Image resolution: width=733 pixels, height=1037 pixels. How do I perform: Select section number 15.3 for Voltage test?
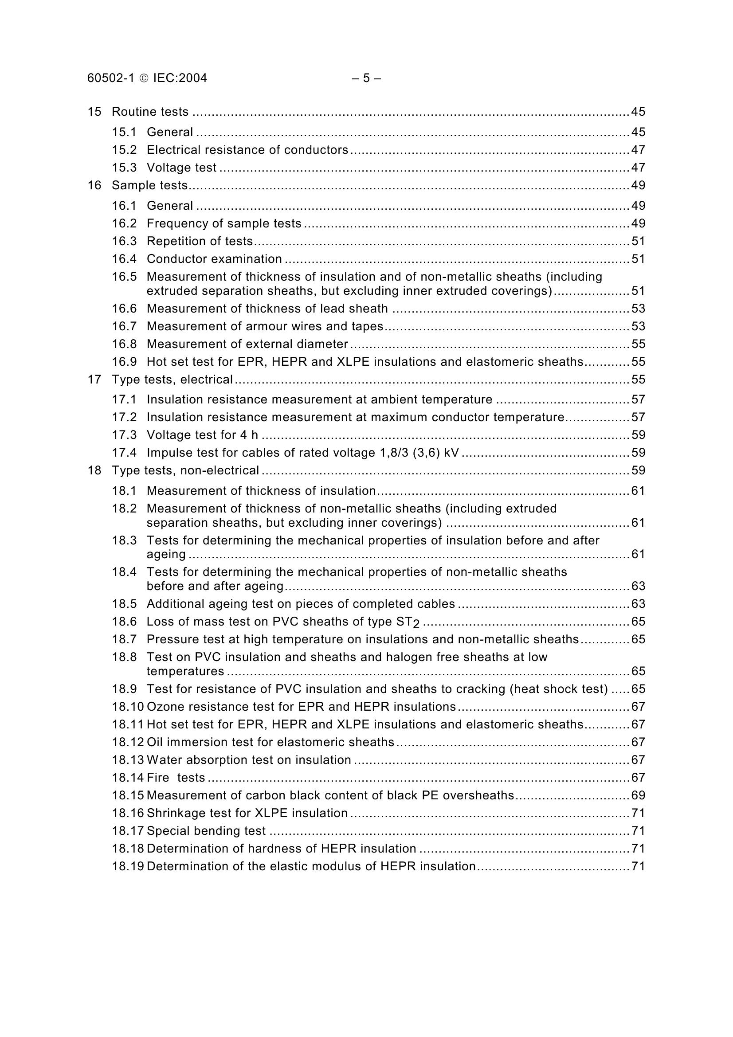(x=124, y=168)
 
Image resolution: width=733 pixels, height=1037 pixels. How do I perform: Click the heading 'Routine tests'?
(x=150, y=112)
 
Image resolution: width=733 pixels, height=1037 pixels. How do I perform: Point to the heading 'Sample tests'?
(x=149, y=185)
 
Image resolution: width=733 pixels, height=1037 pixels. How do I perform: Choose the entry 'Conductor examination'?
(x=214, y=259)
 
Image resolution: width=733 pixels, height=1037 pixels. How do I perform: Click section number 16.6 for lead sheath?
(x=124, y=309)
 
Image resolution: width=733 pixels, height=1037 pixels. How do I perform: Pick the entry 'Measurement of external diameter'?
(x=247, y=344)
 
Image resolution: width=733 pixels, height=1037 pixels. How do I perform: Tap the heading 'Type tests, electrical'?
(x=172, y=380)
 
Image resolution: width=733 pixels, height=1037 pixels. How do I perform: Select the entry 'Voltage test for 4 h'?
(x=202, y=435)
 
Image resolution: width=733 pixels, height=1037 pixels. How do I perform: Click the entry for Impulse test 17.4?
(x=302, y=453)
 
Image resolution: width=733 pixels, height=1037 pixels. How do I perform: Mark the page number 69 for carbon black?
(x=638, y=795)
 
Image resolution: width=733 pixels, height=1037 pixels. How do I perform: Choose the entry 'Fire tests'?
(x=176, y=778)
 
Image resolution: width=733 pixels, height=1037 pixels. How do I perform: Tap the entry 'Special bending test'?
(x=206, y=831)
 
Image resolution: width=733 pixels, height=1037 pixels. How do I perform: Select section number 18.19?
(x=128, y=866)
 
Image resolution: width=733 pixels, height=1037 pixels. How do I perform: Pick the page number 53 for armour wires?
(x=638, y=327)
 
